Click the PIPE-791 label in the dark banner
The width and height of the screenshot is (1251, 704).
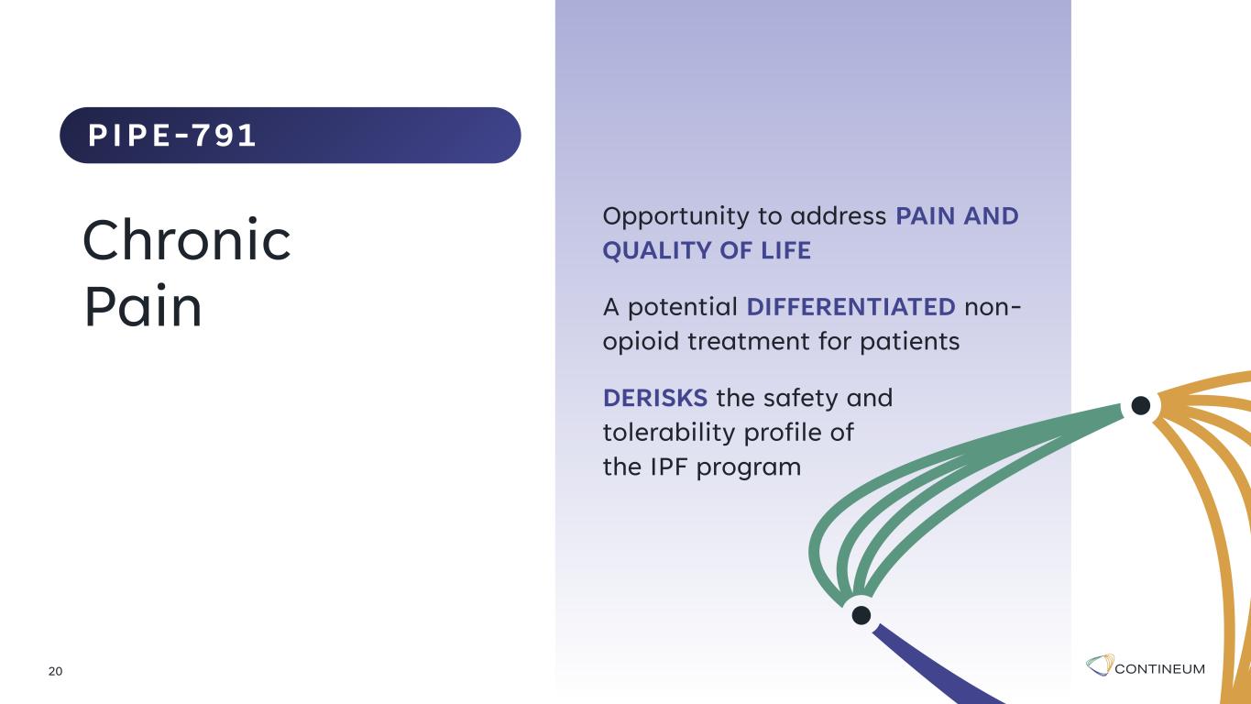(172, 136)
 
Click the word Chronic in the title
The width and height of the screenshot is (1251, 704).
(187, 240)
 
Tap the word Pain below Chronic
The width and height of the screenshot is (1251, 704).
(143, 306)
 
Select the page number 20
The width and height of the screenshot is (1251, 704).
(55, 671)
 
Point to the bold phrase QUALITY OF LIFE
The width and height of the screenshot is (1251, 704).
(707, 250)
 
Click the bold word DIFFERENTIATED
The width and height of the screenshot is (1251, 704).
(850, 307)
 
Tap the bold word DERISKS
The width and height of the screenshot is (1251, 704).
(655, 398)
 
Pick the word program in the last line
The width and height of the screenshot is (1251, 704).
(749, 468)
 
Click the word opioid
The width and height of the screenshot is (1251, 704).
(641, 342)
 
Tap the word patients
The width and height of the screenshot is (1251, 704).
(909, 342)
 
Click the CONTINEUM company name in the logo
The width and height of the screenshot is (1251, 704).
(1159, 669)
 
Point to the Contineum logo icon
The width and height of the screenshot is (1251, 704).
(1100, 665)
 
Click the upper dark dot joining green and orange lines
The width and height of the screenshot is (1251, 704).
(1140, 406)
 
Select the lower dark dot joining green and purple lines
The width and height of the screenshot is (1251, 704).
(861, 615)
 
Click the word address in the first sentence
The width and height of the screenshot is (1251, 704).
(838, 216)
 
